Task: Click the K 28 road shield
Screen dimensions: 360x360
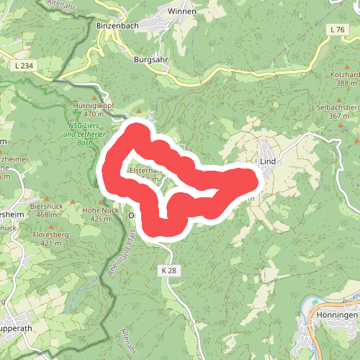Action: tap(168, 269)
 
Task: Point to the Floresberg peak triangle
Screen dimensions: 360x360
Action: tap(49, 226)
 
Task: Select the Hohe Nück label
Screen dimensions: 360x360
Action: tap(100, 210)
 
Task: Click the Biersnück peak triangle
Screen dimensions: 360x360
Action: tap(47, 198)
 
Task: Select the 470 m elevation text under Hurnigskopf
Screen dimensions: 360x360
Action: tap(94, 113)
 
